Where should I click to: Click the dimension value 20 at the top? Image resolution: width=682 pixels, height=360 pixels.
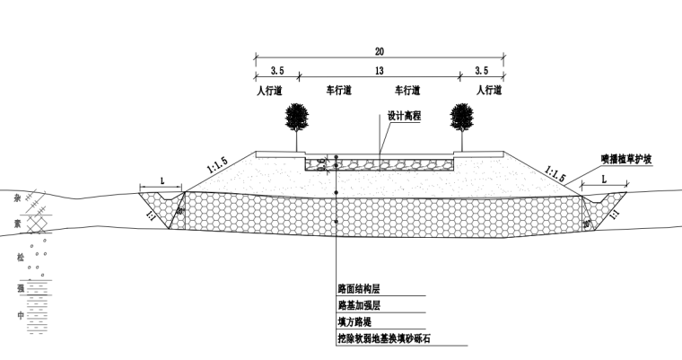[x=380, y=51]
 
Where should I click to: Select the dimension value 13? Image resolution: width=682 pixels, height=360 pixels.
[x=380, y=70]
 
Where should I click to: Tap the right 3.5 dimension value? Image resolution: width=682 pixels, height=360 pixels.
[x=482, y=70]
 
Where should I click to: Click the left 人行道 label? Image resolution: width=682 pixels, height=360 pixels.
[x=269, y=91]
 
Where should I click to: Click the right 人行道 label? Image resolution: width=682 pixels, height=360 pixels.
[x=489, y=91]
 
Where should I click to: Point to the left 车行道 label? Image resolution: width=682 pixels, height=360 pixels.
[x=338, y=91]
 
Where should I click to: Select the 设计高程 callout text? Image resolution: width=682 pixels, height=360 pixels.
[x=404, y=116]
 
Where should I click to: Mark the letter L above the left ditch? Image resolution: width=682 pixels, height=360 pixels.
[x=162, y=180]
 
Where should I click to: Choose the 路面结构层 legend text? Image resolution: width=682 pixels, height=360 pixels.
[x=359, y=290]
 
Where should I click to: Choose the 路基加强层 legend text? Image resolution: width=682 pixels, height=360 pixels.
[x=359, y=306]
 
